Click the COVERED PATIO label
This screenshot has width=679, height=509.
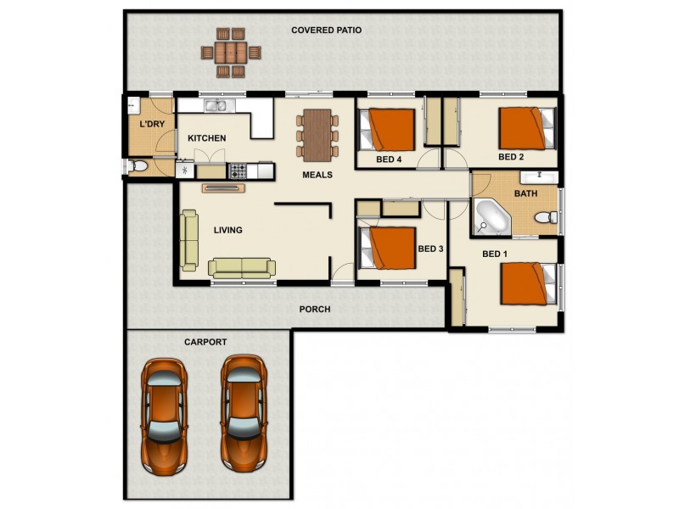pos(326,30)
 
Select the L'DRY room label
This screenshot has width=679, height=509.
pos(152,125)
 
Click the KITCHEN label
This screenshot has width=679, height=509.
pos(206,138)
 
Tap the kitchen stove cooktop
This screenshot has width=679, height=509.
pos(238,171)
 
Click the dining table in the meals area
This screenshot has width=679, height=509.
pos(317,133)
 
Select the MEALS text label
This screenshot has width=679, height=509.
pos(317,176)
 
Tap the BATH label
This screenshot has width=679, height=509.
pos(525,193)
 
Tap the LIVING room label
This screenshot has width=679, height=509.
pos(227,230)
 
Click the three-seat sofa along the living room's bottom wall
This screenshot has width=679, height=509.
pos(242,268)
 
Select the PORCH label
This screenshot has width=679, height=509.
pos(315,310)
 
